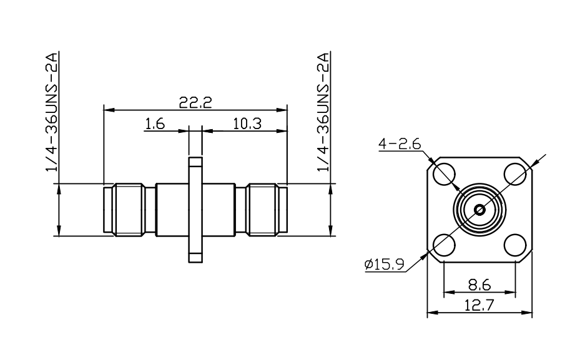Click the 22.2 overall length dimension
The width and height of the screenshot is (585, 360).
click(195, 102)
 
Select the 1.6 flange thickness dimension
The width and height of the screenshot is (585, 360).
click(155, 124)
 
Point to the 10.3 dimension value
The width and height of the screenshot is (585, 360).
click(247, 124)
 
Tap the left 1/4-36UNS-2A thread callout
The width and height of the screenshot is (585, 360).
click(52, 112)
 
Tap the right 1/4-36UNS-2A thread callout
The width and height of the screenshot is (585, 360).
click(323, 112)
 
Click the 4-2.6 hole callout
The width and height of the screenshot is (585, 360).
click(400, 144)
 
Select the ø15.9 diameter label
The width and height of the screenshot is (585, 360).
click(385, 264)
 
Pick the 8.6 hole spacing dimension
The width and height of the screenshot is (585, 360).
click(479, 286)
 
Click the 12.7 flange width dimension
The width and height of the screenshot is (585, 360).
click(479, 305)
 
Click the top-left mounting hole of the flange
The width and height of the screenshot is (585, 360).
click(445, 174)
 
